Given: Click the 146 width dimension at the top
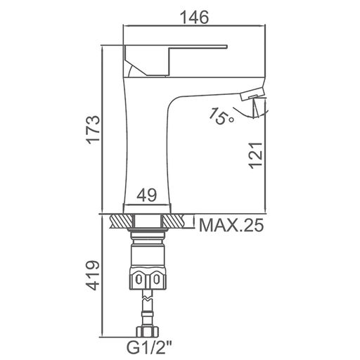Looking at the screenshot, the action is [x=195, y=17].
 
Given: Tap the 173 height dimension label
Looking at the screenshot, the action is [x=93, y=129].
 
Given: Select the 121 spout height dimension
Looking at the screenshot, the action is [x=256, y=155].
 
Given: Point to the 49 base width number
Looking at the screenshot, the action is [x=147, y=195].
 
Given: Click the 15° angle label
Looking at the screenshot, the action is [x=221, y=117].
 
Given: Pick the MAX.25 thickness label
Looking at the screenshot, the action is [x=231, y=225].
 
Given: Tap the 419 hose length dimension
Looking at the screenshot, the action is [x=93, y=275].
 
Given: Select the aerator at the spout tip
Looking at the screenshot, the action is [x=252, y=94].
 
